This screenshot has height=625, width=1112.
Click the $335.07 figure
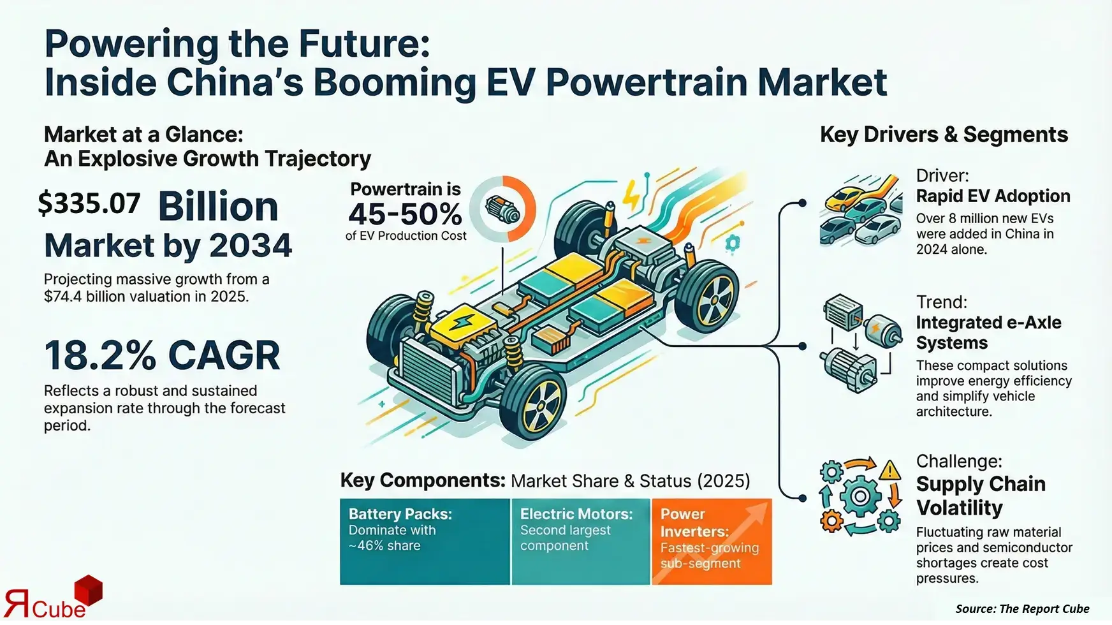[89, 203]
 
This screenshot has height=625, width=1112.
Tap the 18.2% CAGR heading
[162, 355]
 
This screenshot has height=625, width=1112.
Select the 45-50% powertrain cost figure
[405, 214]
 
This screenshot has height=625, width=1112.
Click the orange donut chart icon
[503, 209]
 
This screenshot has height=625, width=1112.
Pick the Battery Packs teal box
[425, 541]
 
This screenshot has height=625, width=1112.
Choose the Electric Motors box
[580, 541]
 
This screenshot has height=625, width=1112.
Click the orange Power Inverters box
[711, 541]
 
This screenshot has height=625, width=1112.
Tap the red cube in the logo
[89, 590]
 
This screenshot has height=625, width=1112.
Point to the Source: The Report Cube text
[1022, 608]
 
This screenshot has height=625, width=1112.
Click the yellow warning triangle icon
[889, 471]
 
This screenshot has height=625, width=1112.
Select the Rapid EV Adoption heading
[993, 196]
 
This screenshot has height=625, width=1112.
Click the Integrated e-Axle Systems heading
[988, 332]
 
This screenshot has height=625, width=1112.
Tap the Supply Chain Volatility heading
[981, 496]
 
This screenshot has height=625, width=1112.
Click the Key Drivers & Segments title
[944, 135]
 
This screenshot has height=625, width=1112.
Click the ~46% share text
[384, 546]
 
